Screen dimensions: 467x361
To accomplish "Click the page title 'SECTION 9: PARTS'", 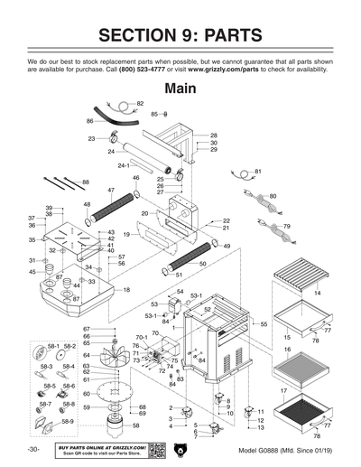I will (x=180, y=35).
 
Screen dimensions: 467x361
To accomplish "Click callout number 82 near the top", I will (x=140, y=104).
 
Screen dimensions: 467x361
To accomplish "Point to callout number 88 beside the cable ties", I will (x=86, y=182).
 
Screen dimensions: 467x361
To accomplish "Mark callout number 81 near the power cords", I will (x=257, y=171).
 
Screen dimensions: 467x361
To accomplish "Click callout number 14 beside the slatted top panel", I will (x=316, y=294).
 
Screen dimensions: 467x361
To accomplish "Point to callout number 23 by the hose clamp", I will (x=92, y=138).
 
